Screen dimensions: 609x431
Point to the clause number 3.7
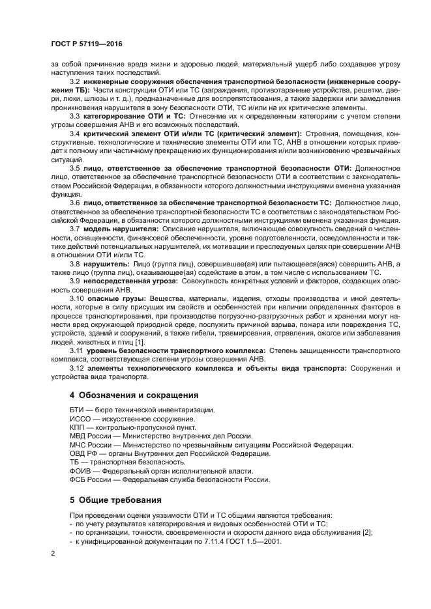pyautogui.click(x=74, y=229)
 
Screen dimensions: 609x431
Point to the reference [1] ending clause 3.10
pyautogui.click(x=140, y=342)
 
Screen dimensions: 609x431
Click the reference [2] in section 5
pyautogui.click(x=367, y=533)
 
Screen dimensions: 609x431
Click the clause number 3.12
pyautogui.click(x=76, y=367)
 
